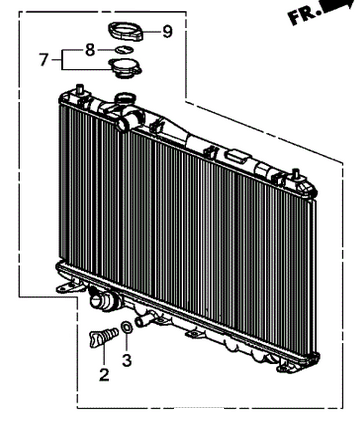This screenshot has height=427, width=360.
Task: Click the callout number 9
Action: pyautogui.click(x=167, y=32)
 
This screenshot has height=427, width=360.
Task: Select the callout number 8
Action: pyautogui.click(x=90, y=50)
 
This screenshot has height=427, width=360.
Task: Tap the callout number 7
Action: pyautogui.click(x=44, y=60)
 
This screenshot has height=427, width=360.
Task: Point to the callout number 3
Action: pyautogui.click(x=127, y=360)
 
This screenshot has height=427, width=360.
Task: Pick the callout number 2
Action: pyautogui.click(x=104, y=374)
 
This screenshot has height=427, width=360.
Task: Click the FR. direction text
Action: pyautogui.click(x=303, y=16)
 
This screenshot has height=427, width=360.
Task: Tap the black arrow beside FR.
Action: pyautogui.click(x=337, y=7)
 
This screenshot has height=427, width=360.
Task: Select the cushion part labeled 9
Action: pyautogui.click(x=126, y=32)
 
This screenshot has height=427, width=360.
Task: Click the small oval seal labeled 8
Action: pyautogui.click(x=124, y=50)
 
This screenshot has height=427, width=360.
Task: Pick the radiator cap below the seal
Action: pyautogui.click(x=125, y=68)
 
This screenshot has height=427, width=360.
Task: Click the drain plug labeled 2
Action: pyautogui.click(x=103, y=337)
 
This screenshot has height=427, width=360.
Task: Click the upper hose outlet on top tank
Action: pyautogui.click(x=125, y=122)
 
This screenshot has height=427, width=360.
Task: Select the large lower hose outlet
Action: pyautogui.click(x=103, y=300)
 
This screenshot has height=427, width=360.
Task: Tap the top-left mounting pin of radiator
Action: pyautogui.click(x=80, y=90)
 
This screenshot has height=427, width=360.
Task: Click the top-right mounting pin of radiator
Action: pyautogui.click(x=295, y=174)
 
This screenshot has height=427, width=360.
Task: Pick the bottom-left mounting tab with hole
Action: pyautogui.click(x=68, y=287)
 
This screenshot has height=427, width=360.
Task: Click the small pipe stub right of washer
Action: pyautogui.click(x=142, y=321)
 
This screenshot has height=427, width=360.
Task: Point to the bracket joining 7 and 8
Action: pyautogui.click(x=62, y=60)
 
